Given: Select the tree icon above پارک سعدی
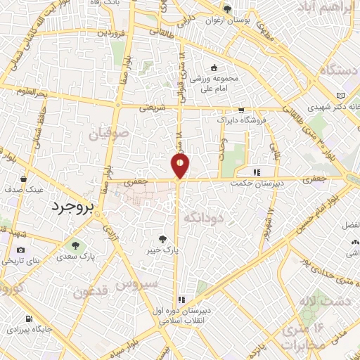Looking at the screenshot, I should (75, 245).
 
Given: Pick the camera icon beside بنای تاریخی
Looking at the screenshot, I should (20, 250).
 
